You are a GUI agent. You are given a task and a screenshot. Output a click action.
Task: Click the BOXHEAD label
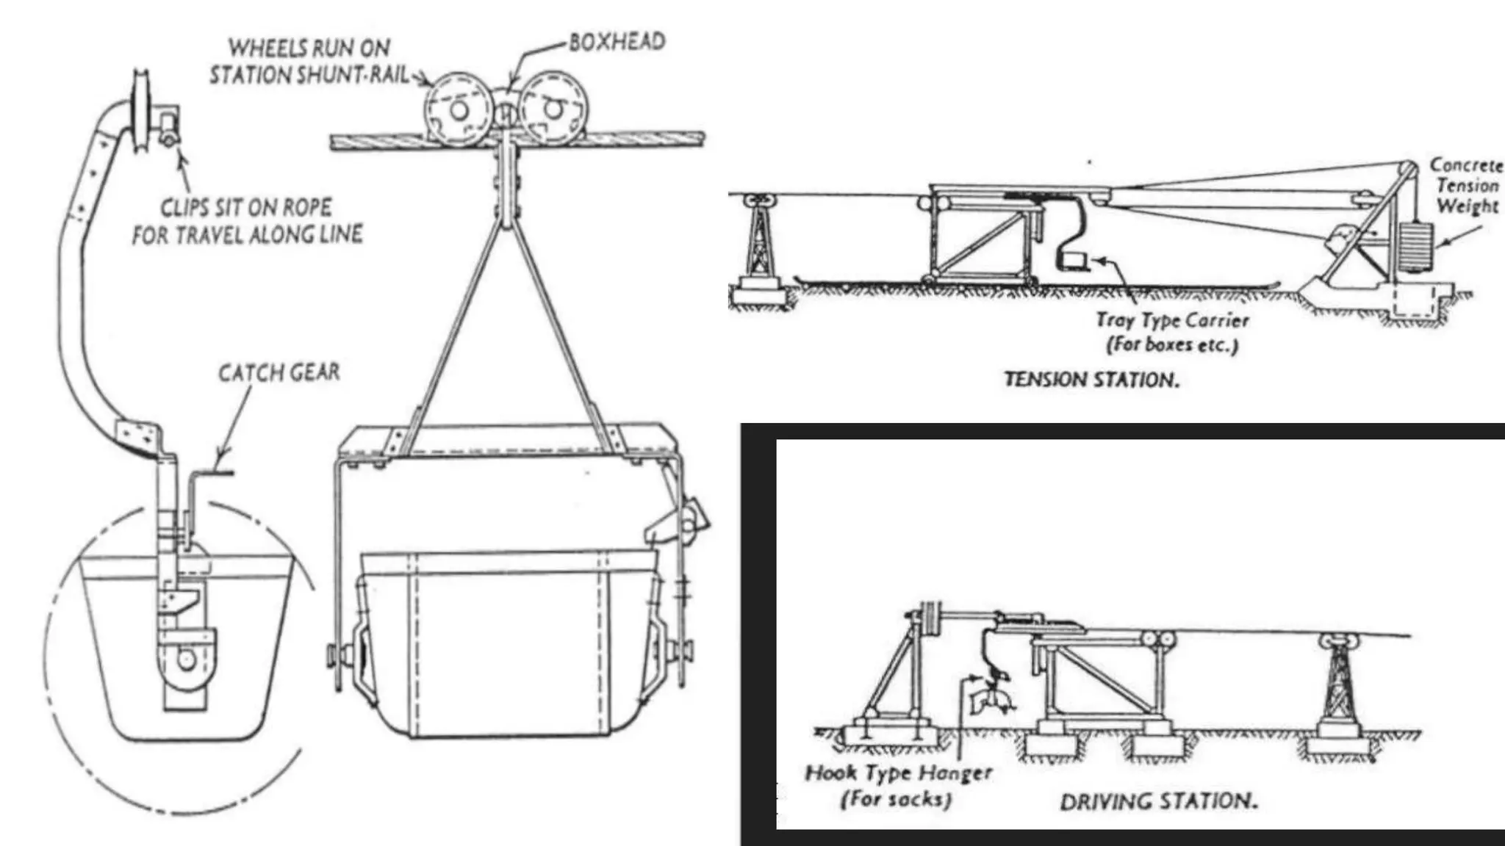tap(617, 42)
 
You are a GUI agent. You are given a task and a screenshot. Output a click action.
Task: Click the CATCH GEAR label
tap(279, 373)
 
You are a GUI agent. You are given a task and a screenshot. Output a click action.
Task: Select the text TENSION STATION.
tap(1091, 380)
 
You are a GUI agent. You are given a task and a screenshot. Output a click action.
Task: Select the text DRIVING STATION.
tap(1158, 800)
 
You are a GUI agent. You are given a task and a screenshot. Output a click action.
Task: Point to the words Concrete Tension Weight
tap(1466, 186)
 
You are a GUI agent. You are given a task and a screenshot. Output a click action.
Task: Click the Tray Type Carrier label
tap(1173, 331)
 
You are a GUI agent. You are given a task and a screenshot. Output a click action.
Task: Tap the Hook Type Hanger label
tap(899, 784)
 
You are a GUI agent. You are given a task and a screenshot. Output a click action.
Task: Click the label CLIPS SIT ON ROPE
tap(247, 220)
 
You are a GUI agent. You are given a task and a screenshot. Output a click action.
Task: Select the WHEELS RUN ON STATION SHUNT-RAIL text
tap(309, 62)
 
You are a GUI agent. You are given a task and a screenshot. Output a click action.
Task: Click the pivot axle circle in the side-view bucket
tap(187, 659)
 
